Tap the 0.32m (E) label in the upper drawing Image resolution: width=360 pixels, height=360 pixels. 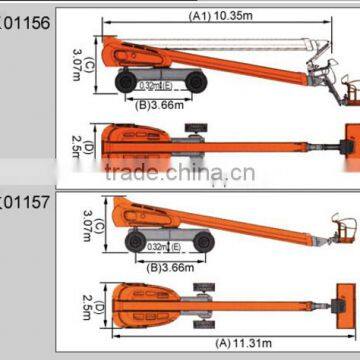[x=155, y=85]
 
